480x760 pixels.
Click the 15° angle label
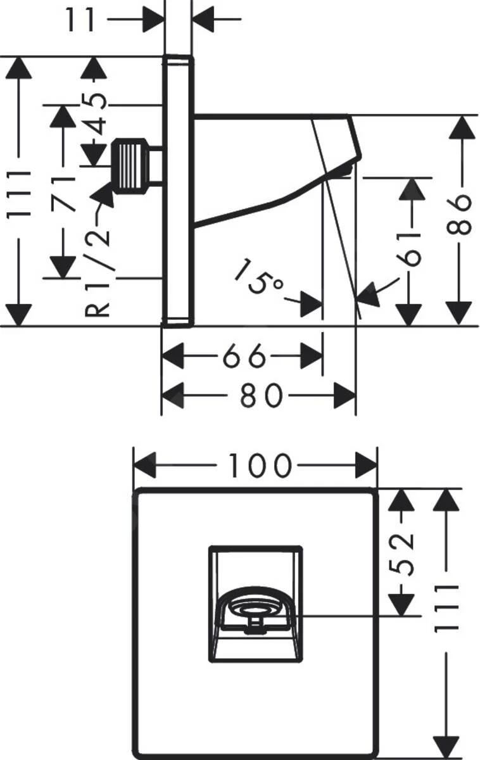[259, 277]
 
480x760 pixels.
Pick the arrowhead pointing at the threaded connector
[104, 196]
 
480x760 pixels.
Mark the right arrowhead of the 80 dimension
[345, 396]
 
